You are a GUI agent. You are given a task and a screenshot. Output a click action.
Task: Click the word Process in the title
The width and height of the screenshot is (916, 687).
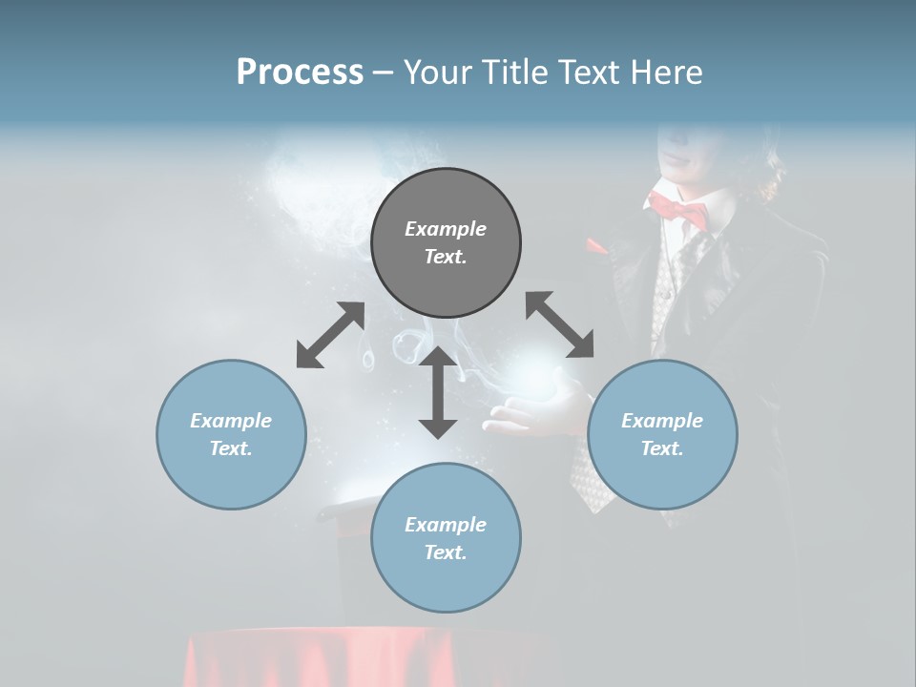point(300,73)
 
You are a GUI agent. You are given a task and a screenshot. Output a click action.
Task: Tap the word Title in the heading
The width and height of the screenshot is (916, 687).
point(517,73)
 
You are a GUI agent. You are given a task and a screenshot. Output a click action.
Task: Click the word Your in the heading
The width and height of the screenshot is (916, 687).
point(440,73)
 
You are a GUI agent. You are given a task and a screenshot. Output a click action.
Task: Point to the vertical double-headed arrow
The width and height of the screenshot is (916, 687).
point(438,393)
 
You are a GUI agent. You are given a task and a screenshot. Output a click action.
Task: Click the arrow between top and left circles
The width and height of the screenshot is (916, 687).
point(330,335)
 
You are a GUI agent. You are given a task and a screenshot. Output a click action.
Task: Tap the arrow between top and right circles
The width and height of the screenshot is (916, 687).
point(560,324)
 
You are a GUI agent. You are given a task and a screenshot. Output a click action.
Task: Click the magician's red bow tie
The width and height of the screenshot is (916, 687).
point(678,208)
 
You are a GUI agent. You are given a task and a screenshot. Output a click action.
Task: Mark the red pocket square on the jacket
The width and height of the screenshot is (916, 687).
point(596,246)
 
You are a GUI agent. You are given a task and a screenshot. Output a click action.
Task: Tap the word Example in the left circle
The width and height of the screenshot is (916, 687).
point(231,421)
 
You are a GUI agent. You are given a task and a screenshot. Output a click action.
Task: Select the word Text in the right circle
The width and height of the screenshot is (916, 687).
point(660,448)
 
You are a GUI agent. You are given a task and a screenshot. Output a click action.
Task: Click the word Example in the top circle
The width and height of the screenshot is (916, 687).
point(446,229)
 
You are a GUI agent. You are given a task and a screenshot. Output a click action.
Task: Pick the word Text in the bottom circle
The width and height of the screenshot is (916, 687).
point(444,552)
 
